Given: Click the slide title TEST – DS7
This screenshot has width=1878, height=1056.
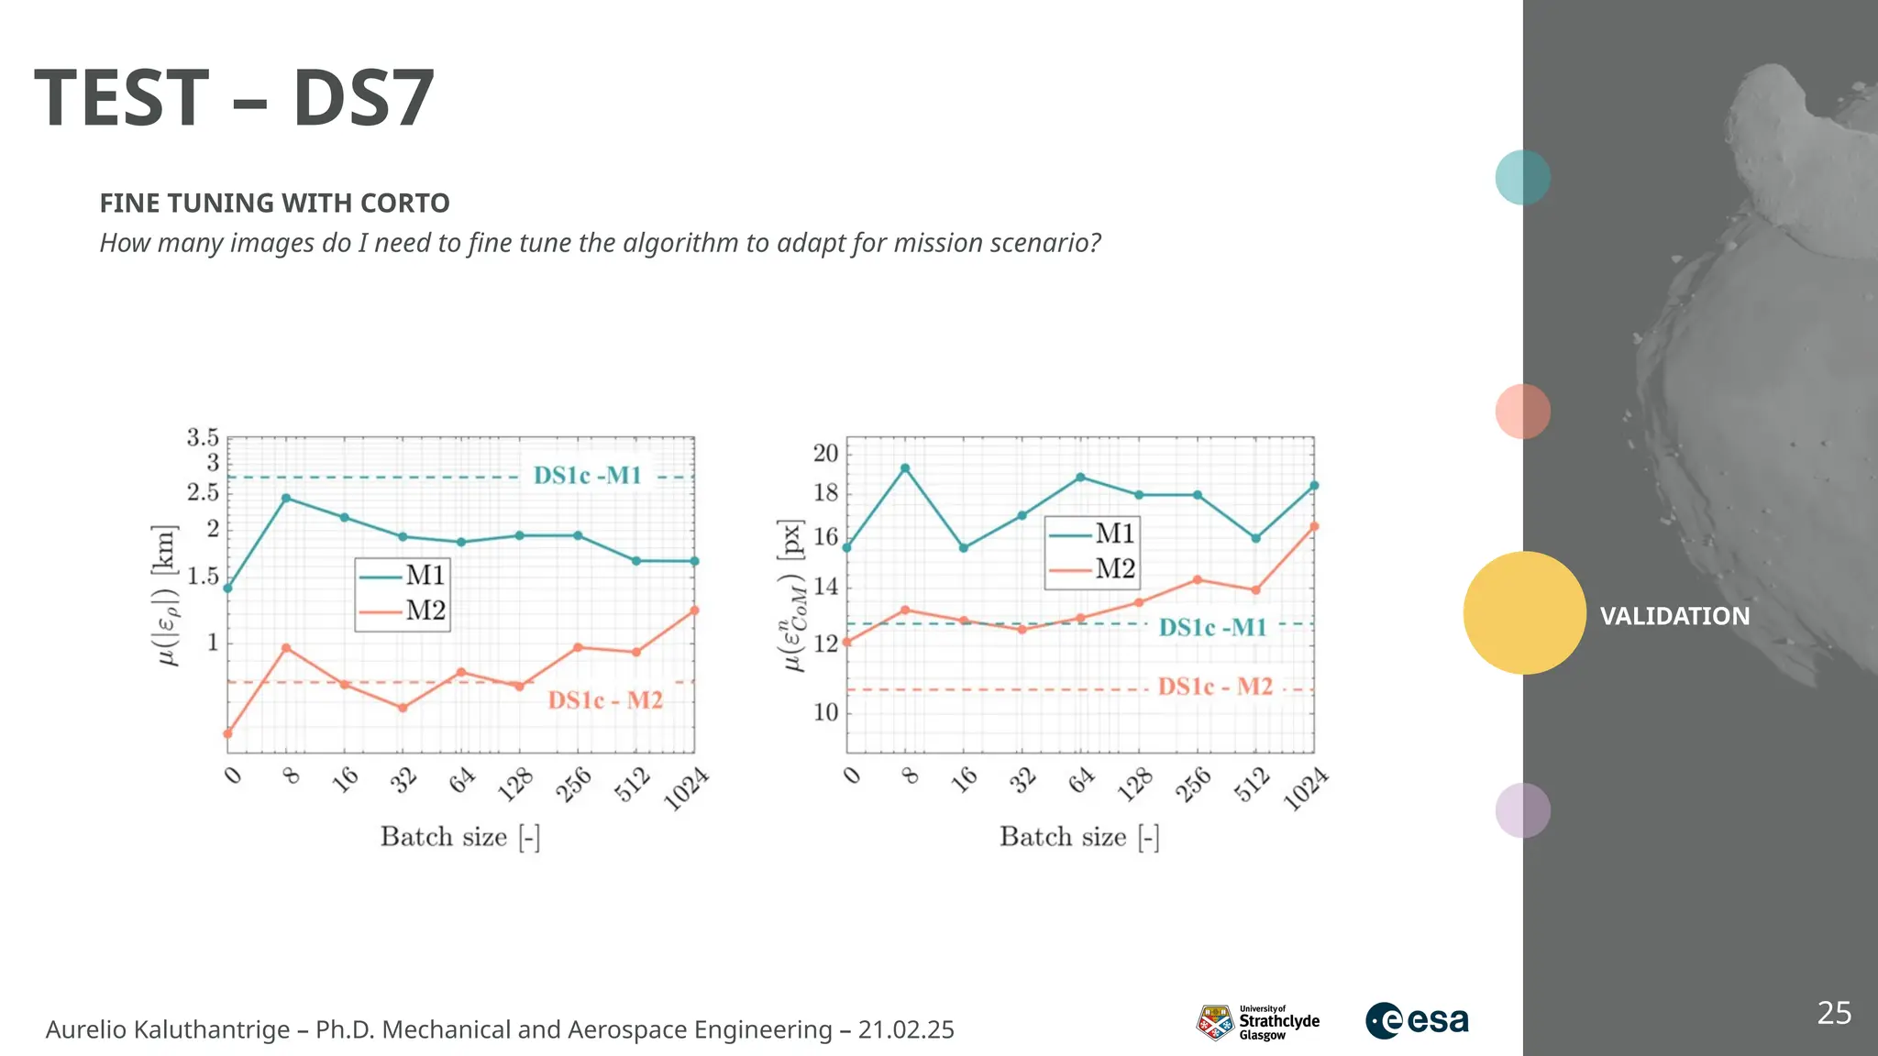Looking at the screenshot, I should (x=235, y=98).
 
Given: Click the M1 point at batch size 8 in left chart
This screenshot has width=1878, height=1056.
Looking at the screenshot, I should (x=286, y=499).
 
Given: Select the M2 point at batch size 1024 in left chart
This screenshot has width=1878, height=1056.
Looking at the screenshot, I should (x=694, y=610).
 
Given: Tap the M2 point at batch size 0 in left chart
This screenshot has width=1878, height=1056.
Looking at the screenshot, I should (x=227, y=733).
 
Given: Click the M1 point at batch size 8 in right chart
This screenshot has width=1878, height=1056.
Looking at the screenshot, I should (x=905, y=468).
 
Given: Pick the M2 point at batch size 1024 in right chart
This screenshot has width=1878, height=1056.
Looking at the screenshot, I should (x=1314, y=526).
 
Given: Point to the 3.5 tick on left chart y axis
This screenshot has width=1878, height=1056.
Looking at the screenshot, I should (x=203, y=438).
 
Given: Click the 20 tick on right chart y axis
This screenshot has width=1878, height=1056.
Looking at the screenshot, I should (x=825, y=453).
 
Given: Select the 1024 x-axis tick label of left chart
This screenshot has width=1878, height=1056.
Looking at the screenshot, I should (x=686, y=790).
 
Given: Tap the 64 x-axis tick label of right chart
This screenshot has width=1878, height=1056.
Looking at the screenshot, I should (x=1082, y=780).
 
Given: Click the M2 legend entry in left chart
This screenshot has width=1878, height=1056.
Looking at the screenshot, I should (x=403, y=610).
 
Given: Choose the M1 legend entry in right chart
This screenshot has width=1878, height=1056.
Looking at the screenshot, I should (x=1092, y=533).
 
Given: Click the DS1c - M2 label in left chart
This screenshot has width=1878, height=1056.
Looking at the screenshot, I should (x=605, y=700).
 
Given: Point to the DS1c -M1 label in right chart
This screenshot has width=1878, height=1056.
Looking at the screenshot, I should (x=1212, y=628).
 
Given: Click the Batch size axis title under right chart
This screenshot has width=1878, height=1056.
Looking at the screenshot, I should (x=1079, y=837).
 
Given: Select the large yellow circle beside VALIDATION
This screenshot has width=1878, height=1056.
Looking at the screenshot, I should (x=1524, y=613).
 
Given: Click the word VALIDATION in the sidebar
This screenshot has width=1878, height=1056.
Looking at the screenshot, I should (x=1674, y=616).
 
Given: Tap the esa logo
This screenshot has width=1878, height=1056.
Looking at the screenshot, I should (x=1417, y=1020).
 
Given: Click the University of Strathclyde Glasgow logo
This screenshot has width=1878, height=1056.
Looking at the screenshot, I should (x=1257, y=1022).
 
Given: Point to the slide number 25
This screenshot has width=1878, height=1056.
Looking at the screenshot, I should (x=1834, y=1013).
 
